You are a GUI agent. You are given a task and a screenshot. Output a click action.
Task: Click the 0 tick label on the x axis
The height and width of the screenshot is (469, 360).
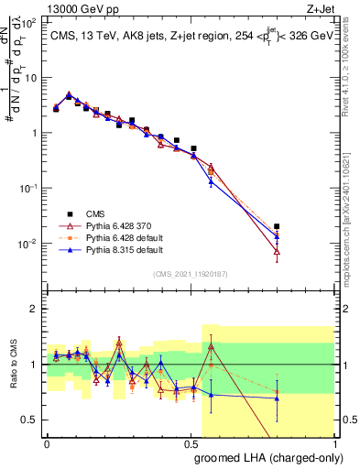point(47,442)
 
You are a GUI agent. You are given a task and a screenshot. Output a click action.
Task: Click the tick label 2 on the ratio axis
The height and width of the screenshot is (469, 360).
point(34,309)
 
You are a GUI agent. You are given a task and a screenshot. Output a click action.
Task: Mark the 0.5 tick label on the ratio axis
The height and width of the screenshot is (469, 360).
point(30,420)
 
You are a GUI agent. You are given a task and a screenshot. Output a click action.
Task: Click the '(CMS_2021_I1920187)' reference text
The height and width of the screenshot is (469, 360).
point(190,273)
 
